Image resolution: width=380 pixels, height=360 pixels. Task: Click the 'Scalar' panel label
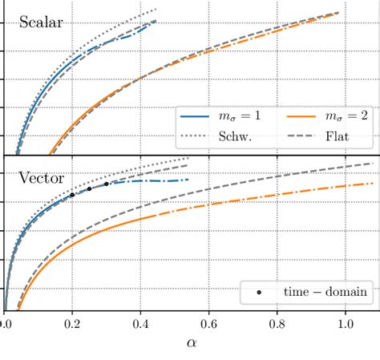coord(41,22)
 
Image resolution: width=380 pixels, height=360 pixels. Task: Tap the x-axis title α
coord(190,342)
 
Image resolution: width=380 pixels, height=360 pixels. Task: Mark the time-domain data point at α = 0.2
coord(72,195)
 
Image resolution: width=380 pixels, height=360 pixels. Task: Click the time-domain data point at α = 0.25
coord(89,188)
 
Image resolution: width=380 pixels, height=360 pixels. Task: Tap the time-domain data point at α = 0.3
coord(107,184)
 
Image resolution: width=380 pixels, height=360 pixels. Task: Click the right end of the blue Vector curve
coord(188,180)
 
